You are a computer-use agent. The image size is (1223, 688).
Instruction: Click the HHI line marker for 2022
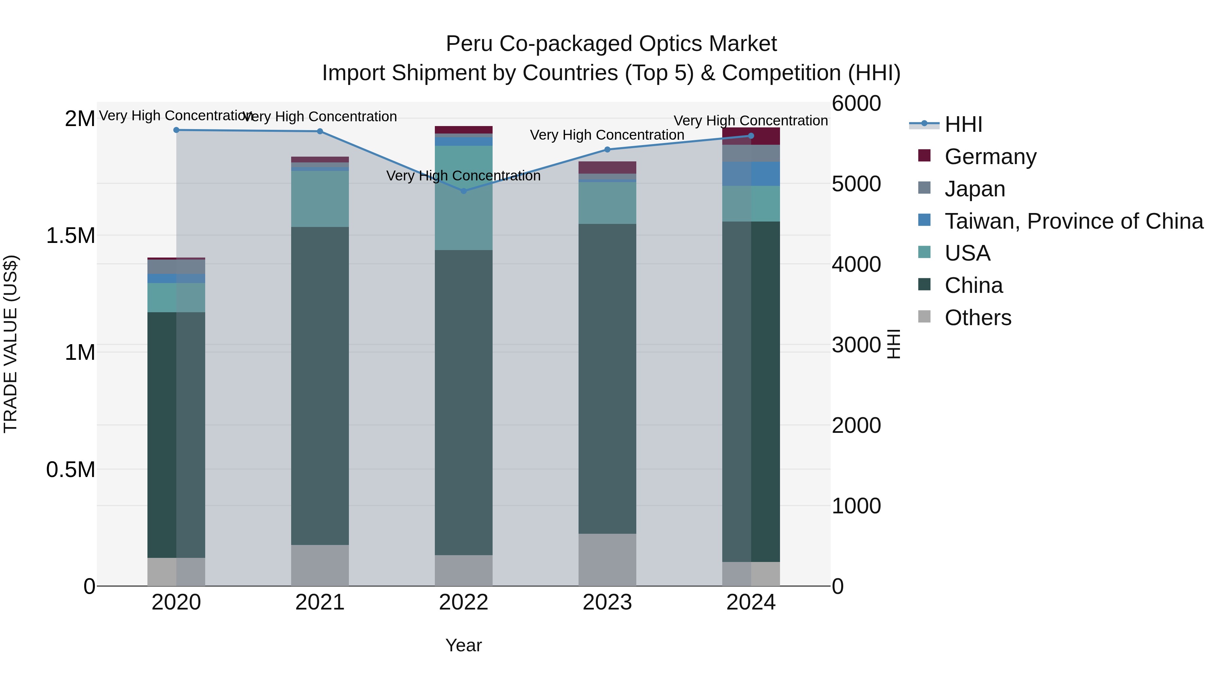pyautogui.click(x=464, y=191)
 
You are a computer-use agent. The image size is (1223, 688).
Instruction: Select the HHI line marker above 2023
pyautogui.click(x=607, y=149)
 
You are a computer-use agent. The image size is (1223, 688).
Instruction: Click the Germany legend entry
pyautogui.click(x=990, y=157)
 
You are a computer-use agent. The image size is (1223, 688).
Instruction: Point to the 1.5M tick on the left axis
pyautogui.click(x=70, y=235)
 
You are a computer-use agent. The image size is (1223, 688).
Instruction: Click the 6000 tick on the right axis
pyautogui.click(x=856, y=104)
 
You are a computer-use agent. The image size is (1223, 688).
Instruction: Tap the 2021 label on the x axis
pyautogui.click(x=320, y=602)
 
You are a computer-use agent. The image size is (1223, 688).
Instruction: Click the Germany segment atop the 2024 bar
pyautogui.click(x=751, y=136)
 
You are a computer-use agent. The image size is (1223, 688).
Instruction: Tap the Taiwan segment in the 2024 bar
pyautogui.click(x=751, y=173)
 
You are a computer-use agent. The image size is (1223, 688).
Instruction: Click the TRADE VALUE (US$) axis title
pyautogui.click(x=11, y=344)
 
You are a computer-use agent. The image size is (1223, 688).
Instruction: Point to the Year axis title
pyautogui.click(x=463, y=645)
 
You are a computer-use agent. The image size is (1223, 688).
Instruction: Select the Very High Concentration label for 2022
pyautogui.click(x=463, y=176)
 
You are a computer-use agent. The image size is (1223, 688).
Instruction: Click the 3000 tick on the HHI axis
pyautogui.click(x=856, y=345)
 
